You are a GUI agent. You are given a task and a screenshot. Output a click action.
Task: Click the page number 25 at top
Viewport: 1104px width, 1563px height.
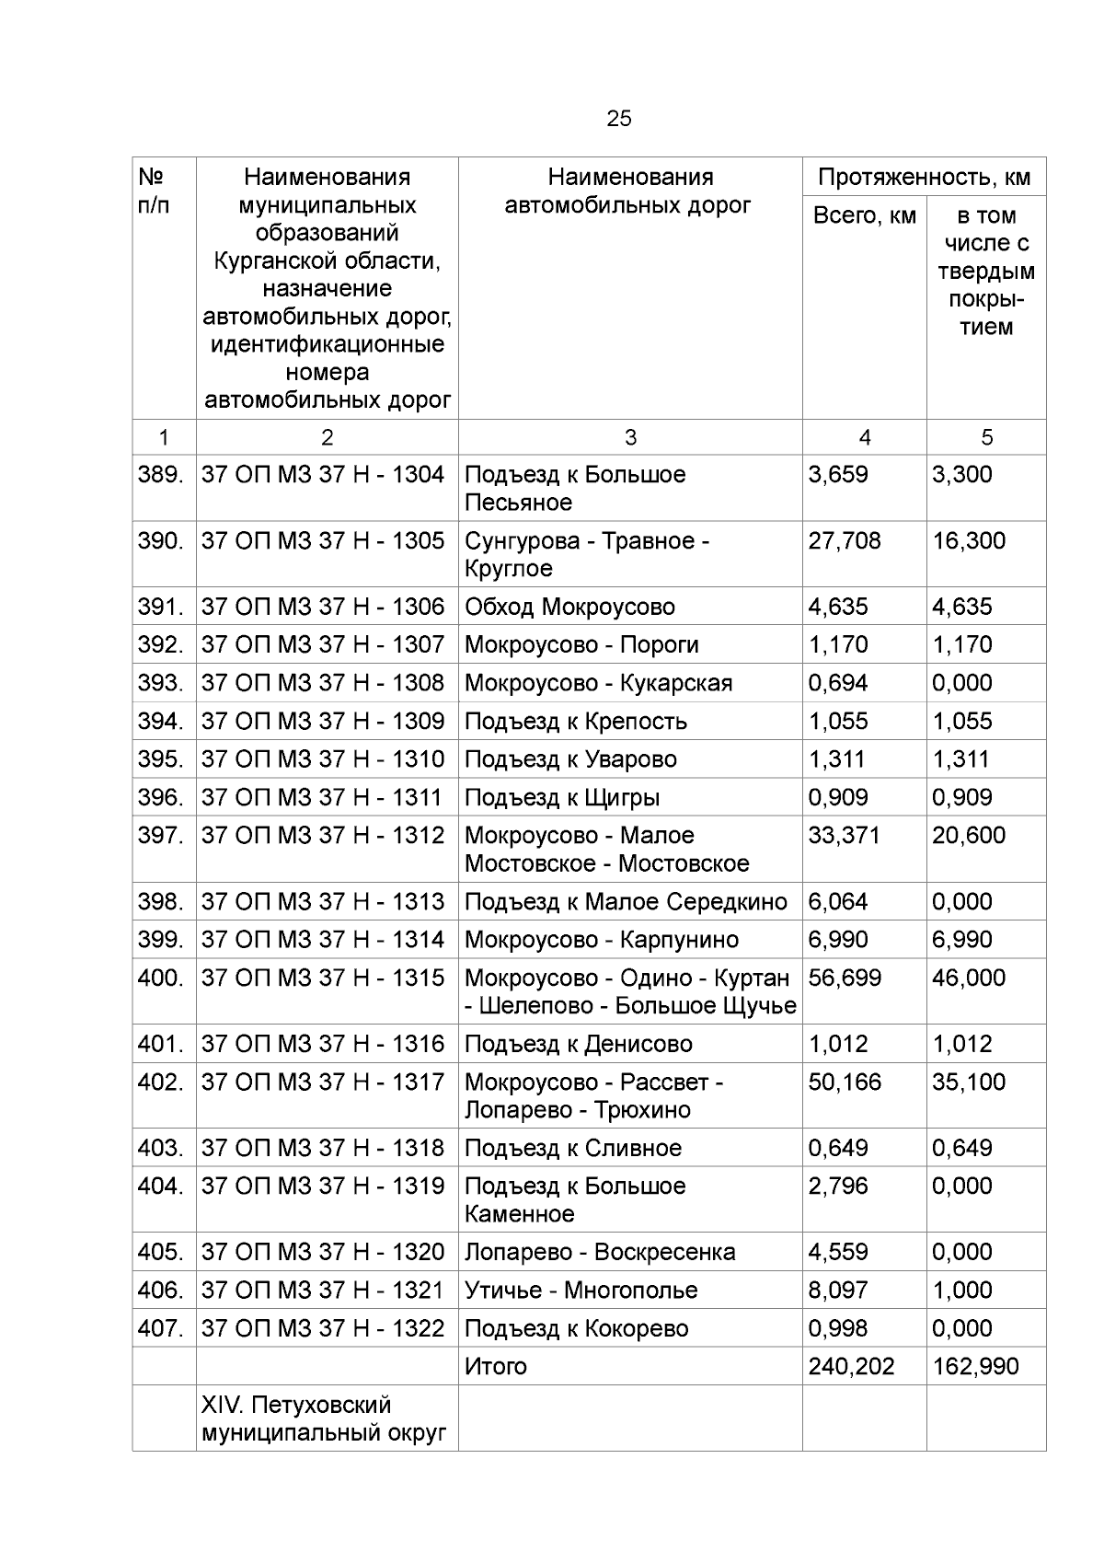(618, 119)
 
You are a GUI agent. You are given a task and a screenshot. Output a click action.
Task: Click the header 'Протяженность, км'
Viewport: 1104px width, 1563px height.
(924, 177)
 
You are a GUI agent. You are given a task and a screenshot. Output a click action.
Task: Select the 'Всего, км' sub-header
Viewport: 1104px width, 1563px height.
(864, 215)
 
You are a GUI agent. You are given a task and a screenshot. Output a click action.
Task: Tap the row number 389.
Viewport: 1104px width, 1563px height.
(161, 475)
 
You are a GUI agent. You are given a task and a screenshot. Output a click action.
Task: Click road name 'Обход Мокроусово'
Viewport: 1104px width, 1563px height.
(569, 608)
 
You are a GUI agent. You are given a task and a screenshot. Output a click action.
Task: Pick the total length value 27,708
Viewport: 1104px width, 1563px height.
(844, 541)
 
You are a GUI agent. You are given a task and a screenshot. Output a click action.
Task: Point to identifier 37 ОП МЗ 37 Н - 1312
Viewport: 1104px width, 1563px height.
(322, 836)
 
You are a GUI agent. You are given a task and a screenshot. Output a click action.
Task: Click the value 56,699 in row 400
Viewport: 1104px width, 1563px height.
(844, 978)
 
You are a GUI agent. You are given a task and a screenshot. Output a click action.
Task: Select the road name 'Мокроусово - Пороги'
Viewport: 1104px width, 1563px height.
(581, 645)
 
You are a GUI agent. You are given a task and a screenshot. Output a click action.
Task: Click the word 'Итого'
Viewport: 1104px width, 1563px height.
(496, 1367)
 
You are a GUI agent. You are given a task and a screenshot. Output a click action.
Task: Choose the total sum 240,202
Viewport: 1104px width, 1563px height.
(851, 1367)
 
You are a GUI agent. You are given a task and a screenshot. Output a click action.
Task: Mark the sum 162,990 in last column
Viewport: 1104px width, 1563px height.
(975, 1367)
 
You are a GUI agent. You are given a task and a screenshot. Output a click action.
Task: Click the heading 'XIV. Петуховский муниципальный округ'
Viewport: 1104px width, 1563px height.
(323, 1419)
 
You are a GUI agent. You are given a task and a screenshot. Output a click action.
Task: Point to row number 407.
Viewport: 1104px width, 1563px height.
(161, 1329)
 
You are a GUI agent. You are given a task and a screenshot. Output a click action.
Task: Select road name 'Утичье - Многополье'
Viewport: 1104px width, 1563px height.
(581, 1291)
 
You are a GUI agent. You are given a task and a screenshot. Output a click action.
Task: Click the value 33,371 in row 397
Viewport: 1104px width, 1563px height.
(844, 836)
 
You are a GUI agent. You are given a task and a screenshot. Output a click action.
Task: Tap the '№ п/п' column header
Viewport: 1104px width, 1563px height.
(154, 191)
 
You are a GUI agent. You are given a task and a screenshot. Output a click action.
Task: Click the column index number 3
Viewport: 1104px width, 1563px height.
(630, 438)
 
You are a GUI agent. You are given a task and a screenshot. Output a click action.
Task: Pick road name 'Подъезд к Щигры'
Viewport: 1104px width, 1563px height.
(562, 798)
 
